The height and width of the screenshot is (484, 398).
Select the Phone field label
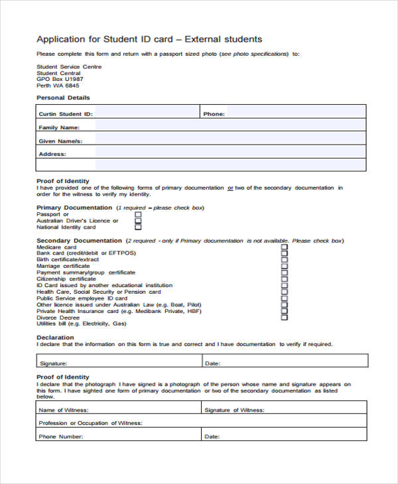(x=214, y=114)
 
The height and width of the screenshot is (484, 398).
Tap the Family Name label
(x=59, y=127)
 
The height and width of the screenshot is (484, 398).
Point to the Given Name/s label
(x=60, y=141)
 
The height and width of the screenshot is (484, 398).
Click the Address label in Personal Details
(x=52, y=154)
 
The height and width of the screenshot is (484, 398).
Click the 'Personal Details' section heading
(x=63, y=98)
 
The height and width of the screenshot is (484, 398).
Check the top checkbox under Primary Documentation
(x=138, y=215)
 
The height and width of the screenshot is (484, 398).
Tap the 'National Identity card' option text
(x=66, y=227)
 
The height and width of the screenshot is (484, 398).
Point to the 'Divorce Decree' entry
(x=58, y=318)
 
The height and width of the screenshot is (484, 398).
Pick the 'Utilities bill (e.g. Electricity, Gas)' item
(x=81, y=324)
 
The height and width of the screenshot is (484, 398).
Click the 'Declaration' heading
(x=55, y=337)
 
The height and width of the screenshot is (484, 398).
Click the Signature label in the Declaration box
(x=53, y=363)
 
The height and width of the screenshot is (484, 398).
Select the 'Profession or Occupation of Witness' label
(x=91, y=423)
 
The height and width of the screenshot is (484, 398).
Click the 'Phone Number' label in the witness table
(x=61, y=437)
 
